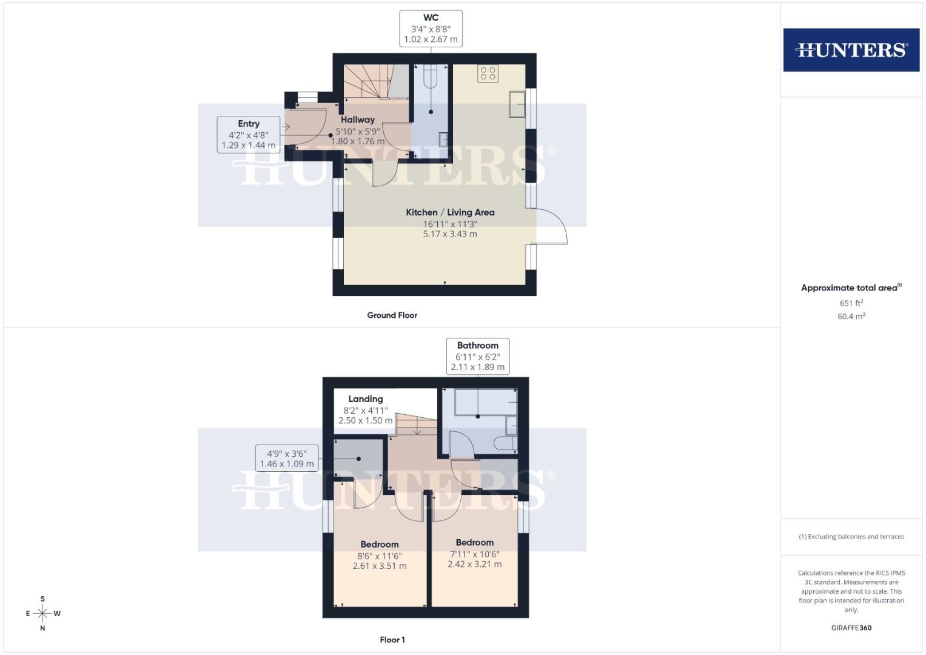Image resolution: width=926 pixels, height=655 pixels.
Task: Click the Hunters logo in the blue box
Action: (x=851, y=50)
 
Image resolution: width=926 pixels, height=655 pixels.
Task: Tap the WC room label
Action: (x=431, y=18)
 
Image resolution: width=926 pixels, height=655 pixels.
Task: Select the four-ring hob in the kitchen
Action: (x=488, y=73)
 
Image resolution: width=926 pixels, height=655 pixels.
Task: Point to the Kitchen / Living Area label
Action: (x=450, y=212)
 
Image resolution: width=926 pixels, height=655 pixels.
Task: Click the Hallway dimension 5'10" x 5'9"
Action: (x=357, y=132)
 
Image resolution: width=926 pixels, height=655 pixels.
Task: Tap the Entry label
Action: (x=249, y=124)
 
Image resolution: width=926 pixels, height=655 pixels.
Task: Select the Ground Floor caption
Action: (x=392, y=315)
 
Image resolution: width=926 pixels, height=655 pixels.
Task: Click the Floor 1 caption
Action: (x=392, y=640)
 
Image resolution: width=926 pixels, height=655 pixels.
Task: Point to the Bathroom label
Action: (x=477, y=345)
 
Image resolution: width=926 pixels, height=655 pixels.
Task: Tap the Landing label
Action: (x=366, y=399)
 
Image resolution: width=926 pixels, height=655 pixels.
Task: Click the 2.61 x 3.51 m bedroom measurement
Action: (x=380, y=566)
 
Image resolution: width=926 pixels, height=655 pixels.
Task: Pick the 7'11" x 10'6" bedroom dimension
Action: (x=475, y=554)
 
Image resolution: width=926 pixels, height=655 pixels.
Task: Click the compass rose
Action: (x=42, y=613)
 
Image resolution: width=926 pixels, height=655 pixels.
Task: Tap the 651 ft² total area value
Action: (x=851, y=303)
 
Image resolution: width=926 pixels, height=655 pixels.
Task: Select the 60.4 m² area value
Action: (x=851, y=316)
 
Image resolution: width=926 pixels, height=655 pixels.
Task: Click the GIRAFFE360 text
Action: (x=851, y=628)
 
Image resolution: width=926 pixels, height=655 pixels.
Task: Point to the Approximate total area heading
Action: (x=851, y=287)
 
